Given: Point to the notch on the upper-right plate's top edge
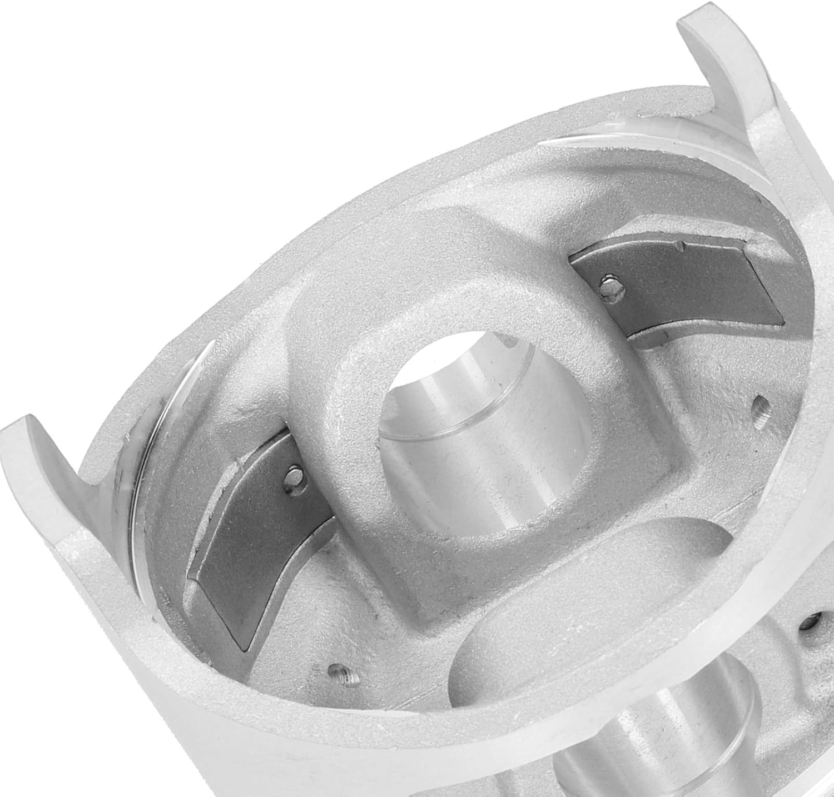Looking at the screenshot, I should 679,245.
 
